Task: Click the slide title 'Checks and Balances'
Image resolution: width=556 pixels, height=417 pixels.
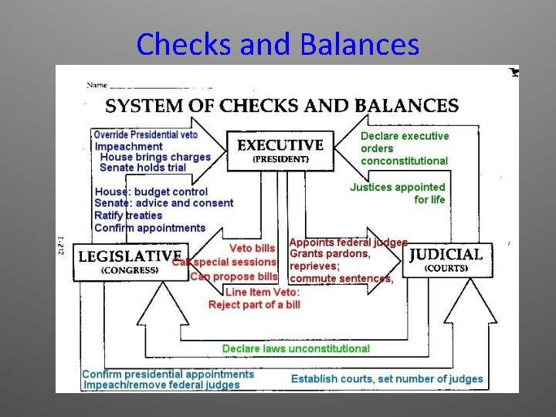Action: [x=277, y=44]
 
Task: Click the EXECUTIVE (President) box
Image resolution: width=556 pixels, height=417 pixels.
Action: [x=280, y=150]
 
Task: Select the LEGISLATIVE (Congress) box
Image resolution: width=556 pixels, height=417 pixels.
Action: [x=130, y=262]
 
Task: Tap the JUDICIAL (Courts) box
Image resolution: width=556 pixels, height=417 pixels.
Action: [x=446, y=260]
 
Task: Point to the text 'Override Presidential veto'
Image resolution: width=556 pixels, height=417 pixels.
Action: [x=146, y=134]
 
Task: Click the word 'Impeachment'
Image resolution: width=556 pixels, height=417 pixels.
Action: [x=129, y=146]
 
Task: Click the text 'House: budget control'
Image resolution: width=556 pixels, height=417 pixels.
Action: [x=151, y=192]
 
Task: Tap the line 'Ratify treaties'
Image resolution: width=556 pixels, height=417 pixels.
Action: [x=128, y=215]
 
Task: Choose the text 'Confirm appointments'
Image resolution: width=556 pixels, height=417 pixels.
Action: [x=150, y=228]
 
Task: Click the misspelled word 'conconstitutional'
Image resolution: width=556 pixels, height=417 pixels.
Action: [x=404, y=161]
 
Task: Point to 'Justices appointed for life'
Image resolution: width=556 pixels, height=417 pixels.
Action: [x=398, y=193]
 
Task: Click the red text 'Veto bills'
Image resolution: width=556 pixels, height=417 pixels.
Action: [x=252, y=248]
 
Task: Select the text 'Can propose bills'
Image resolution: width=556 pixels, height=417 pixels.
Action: [x=233, y=276]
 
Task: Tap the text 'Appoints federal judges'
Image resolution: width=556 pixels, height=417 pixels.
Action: [x=348, y=242]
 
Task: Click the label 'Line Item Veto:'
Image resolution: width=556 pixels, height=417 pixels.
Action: [x=263, y=292]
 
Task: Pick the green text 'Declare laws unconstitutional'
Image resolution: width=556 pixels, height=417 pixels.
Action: [x=296, y=348]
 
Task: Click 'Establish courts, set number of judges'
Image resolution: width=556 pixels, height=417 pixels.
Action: [x=387, y=378]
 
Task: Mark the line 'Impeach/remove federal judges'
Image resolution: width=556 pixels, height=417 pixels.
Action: [x=161, y=385]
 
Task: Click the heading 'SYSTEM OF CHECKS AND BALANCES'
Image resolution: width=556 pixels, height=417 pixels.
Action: [x=281, y=106]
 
